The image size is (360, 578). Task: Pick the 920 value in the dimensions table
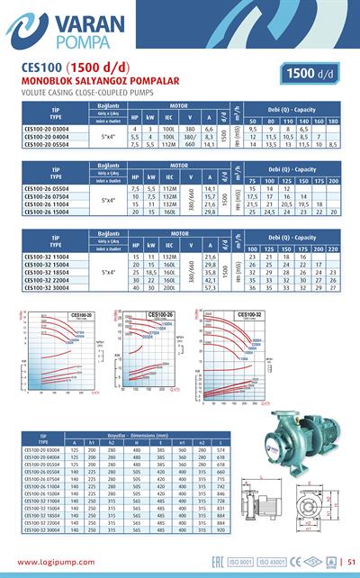pyautogui.click(x=222, y=529)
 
